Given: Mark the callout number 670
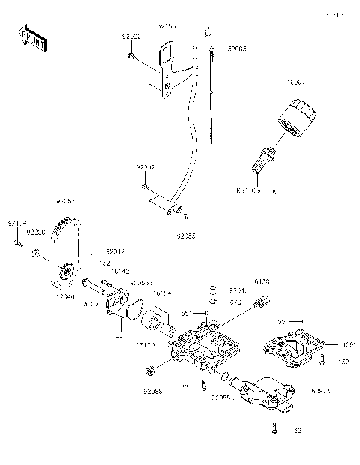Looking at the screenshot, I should click(235, 302).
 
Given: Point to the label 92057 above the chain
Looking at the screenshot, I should click(65, 202).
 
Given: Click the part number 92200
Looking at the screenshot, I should click(37, 233).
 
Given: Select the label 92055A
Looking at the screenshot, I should click(223, 397).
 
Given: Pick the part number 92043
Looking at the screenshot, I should click(238, 289).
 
